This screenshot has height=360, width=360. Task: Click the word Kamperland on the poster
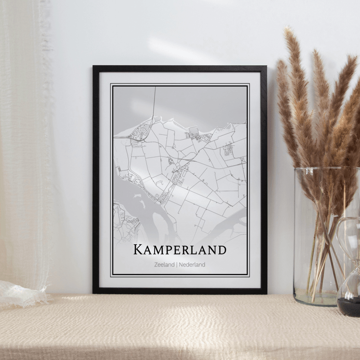[180, 250]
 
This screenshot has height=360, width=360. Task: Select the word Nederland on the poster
[192, 264]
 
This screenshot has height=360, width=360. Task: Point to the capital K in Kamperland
[138, 250]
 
